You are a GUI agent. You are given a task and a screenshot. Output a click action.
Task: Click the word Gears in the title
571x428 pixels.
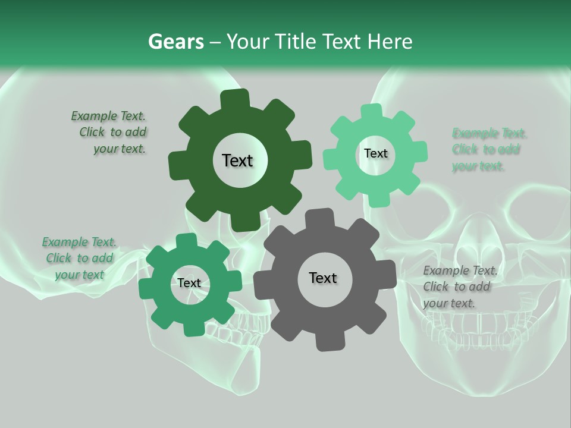[x=176, y=42]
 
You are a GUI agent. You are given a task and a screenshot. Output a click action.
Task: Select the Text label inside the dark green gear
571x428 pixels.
[x=237, y=160]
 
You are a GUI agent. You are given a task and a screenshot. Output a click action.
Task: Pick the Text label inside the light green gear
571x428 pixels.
[x=375, y=153]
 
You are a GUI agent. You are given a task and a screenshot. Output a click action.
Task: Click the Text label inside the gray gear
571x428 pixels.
[x=323, y=278]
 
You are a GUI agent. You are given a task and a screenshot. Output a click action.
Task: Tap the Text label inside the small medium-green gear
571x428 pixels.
[x=189, y=283]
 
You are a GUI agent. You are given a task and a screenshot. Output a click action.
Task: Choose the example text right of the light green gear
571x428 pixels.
[x=489, y=149]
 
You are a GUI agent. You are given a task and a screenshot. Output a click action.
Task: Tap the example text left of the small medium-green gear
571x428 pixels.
[x=79, y=258]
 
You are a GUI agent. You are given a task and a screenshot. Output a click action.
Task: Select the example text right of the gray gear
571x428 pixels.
[x=460, y=287]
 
